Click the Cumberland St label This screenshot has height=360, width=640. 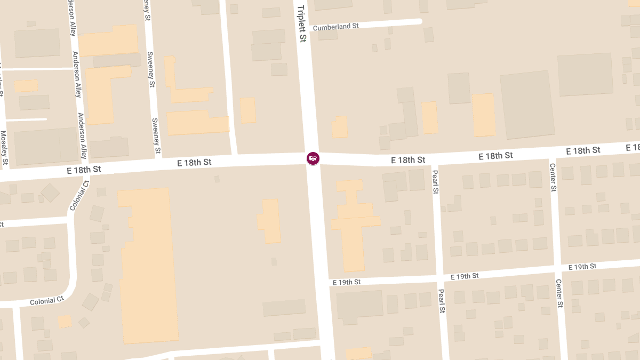point(335,26)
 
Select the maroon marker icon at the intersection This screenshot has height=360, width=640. point(313,158)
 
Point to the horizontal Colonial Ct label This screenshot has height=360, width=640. point(46,301)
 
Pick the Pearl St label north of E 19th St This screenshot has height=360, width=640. point(435,182)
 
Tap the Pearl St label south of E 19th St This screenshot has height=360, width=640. point(442,301)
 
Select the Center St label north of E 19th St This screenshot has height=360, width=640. point(553,178)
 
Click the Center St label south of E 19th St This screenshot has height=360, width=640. point(559,293)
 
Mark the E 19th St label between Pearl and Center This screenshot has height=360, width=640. point(465,276)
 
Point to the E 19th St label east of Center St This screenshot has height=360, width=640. point(582,267)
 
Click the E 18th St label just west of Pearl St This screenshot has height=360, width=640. point(408,160)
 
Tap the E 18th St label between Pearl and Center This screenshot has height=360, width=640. point(495,156)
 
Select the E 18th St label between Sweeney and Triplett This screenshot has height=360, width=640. point(194,162)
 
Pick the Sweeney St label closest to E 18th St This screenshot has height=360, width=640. point(156,136)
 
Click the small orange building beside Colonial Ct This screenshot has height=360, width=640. point(65,321)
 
